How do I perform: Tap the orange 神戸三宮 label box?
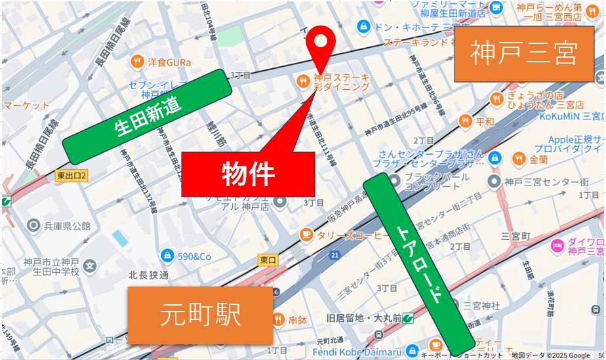[x=523, y=54]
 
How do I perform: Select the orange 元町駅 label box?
[x=200, y=315]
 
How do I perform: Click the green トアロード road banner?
[x=418, y=263]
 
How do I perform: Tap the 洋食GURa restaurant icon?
[x=137, y=62]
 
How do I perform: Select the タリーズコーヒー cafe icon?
[x=306, y=234]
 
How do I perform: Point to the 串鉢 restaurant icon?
[x=278, y=320]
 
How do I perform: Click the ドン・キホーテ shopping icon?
[x=362, y=27]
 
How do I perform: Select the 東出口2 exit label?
[x=71, y=176]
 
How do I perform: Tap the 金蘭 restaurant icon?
[x=518, y=159]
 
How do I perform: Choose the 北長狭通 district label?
[x=148, y=275]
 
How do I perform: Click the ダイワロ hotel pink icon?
[x=557, y=246]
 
